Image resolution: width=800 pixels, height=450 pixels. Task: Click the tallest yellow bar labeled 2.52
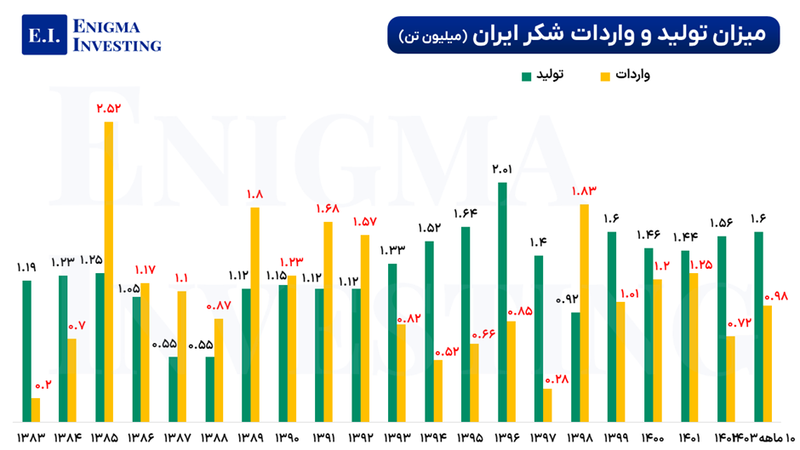pos(108,272)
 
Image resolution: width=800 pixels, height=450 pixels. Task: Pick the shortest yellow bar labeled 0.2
pos(36,410)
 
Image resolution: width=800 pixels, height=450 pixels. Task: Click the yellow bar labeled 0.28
pos(547,405)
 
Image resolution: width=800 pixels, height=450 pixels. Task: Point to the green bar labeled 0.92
pos(575,367)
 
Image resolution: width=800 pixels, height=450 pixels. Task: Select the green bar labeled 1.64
pos(466,324)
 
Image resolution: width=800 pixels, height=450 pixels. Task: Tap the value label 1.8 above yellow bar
pos(254,195)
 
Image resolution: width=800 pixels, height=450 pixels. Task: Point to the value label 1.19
pos(26,268)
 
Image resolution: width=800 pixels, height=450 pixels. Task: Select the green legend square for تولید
pos(527,77)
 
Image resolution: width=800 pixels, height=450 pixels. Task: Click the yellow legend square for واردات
pos(605,77)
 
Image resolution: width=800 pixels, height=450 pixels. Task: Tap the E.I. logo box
pos(43,35)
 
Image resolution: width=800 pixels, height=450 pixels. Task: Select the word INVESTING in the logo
pos(117,46)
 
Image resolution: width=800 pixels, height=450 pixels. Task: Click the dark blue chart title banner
pos(583,35)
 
